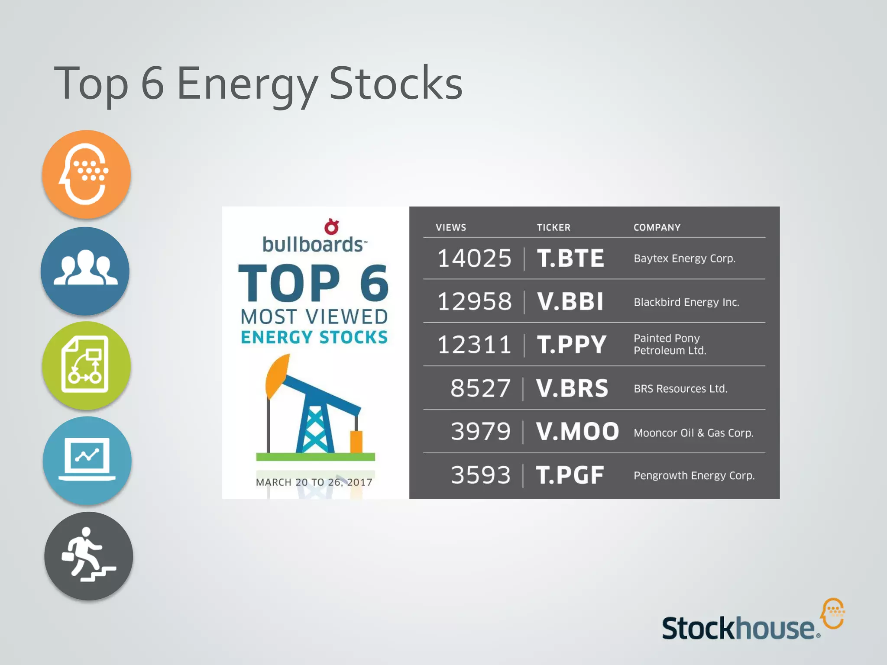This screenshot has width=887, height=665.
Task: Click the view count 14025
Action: [x=474, y=258]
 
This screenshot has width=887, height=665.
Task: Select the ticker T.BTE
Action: [x=570, y=258]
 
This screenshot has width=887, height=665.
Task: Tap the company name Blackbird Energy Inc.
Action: [x=686, y=302]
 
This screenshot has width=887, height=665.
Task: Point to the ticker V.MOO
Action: [x=577, y=432]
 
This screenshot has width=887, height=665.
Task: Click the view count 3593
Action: [x=481, y=475]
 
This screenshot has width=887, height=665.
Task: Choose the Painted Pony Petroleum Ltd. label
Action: [x=670, y=344]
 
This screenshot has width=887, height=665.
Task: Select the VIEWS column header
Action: [x=451, y=228]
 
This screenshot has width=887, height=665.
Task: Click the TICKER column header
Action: [x=554, y=228]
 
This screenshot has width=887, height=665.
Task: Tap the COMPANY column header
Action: [x=657, y=228]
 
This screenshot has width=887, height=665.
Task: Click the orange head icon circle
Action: [x=87, y=174]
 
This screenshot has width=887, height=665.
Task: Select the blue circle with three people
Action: [x=85, y=271]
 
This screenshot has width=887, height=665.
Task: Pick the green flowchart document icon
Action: [x=86, y=365]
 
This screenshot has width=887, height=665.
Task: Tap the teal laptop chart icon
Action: [x=87, y=460]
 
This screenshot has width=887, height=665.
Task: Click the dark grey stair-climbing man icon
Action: [x=88, y=556]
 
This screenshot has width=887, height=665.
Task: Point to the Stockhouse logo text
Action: [x=738, y=628]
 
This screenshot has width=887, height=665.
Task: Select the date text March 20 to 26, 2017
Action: [x=314, y=482]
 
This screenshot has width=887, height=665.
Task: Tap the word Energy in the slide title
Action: [x=247, y=84]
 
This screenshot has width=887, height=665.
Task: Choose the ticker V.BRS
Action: [x=572, y=388]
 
